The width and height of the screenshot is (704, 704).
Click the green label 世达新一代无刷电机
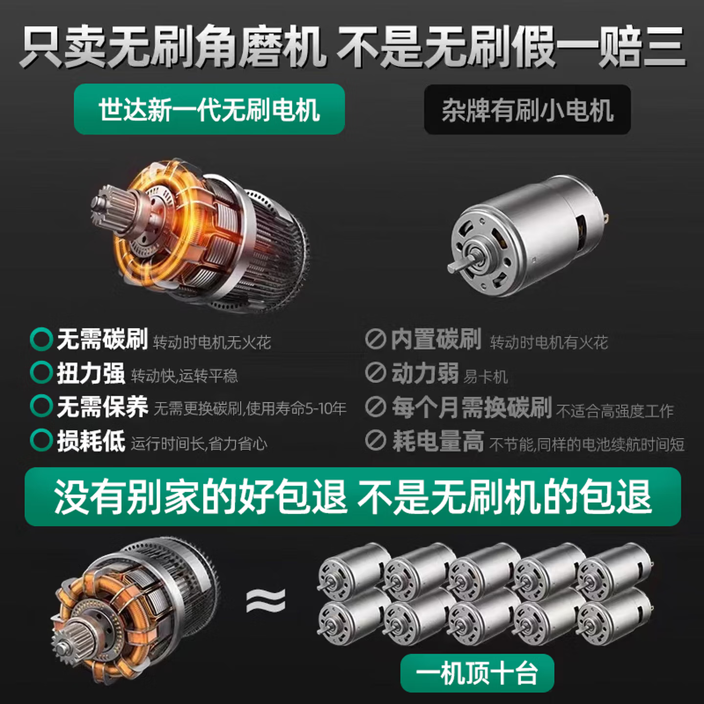209,109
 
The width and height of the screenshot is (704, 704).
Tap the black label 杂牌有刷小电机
527,110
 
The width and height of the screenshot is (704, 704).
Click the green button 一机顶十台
477,673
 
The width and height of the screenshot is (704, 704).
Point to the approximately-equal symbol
265,600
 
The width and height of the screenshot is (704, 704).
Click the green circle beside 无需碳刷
41,339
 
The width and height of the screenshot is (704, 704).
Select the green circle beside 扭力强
41,373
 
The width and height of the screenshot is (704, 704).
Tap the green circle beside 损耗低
41,440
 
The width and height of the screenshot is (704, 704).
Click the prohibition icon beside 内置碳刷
375,339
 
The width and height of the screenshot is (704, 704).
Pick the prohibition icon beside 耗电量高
375,440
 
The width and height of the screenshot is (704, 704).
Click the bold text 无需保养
102,407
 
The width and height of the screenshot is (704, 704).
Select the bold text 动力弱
425,374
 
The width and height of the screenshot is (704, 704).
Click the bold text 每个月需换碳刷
472,407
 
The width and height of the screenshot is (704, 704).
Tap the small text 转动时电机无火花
212,342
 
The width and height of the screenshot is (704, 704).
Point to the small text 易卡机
485,376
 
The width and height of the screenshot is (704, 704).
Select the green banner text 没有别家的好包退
200,497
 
